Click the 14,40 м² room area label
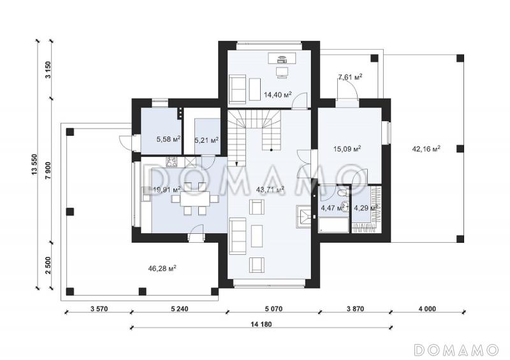click(x=277, y=95)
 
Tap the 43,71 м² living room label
click(x=270, y=189)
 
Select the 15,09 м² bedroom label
click(x=347, y=149)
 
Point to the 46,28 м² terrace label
click(x=162, y=268)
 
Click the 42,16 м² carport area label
click(x=426, y=149)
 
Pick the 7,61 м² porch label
click(x=350, y=77)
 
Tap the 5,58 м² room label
click(x=168, y=140)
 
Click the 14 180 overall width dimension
click(x=261, y=324)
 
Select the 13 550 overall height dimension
click(x=34, y=165)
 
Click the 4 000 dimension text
click(x=426, y=308)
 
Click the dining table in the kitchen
click(x=195, y=198)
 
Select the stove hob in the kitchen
click(x=171, y=161)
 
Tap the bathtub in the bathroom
click(x=333, y=226)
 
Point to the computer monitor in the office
click(x=281, y=72)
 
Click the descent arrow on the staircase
click(x=237, y=163)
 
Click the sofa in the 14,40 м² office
click(x=237, y=88)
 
